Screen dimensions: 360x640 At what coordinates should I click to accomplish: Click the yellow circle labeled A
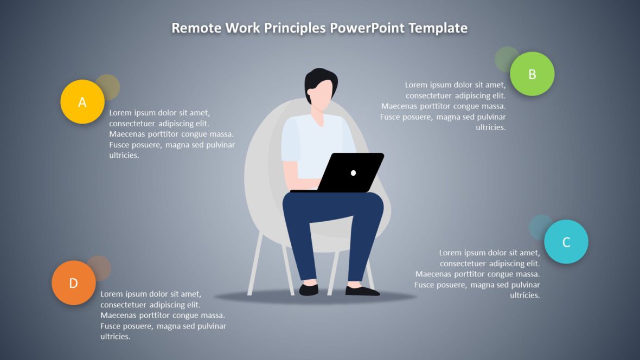tap(82, 102)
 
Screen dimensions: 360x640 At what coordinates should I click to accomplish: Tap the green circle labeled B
tap(532, 74)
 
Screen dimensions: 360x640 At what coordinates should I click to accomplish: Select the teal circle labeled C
tap(566, 242)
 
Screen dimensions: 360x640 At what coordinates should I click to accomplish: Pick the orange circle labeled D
tap(74, 282)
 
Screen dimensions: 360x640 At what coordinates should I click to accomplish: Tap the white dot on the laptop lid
tap(354, 173)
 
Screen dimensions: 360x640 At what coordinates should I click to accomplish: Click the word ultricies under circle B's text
tap(491, 127)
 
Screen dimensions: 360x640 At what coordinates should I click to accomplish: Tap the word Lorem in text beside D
tap(112, 294)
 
